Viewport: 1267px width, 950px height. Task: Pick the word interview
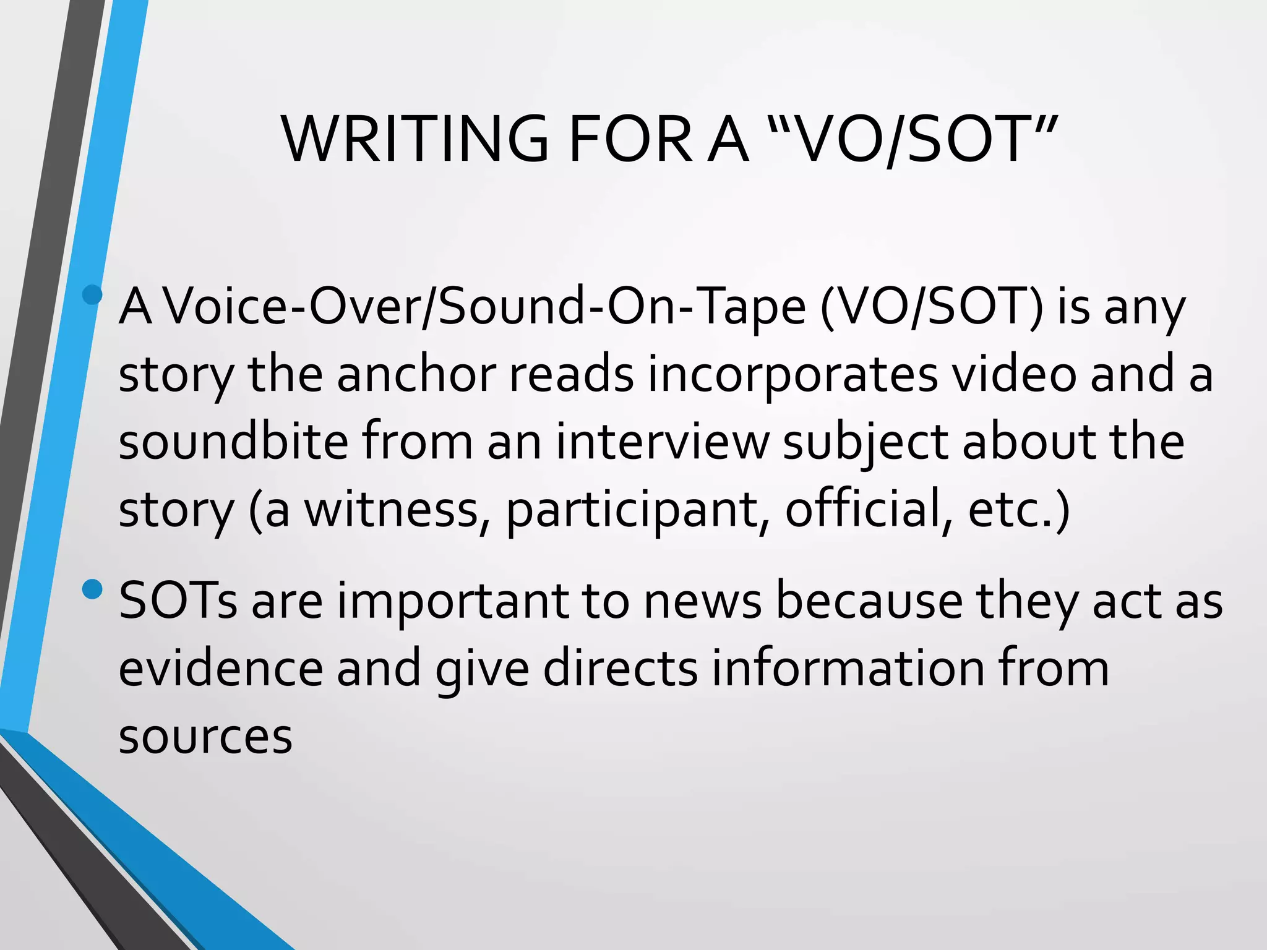pos(662,442)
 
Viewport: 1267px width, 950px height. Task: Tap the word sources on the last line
pos(205,737)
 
